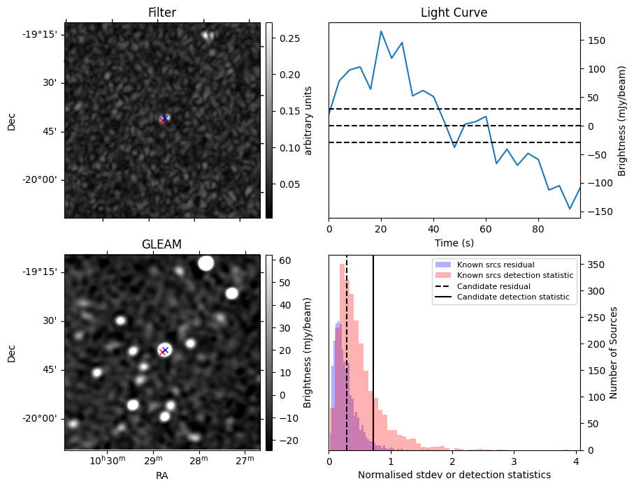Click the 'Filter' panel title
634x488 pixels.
click(162, 13)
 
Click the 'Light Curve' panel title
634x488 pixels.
click(454, 13)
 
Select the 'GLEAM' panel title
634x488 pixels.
click(162, 244)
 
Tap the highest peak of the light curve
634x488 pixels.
click(381, 31)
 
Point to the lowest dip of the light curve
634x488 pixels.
click(570, 209)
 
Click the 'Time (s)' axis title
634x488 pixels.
click(454, 242)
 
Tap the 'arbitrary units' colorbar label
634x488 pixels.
click(308, 120)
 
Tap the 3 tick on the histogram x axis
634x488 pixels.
click(514, 461)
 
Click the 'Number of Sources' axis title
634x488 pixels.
click(614, 353)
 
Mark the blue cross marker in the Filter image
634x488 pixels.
click(166, 117)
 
